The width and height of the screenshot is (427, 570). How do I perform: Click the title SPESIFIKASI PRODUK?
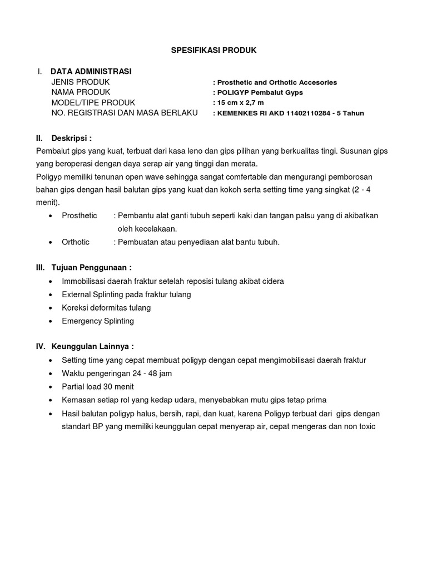coord(213,50)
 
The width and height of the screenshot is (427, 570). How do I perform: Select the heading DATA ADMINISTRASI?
coord(91,71)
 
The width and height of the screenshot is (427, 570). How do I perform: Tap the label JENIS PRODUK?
coord(77,82)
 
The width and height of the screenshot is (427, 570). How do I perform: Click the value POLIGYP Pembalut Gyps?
coord(259,92)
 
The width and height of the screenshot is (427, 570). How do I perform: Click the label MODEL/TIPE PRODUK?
coord(93,102)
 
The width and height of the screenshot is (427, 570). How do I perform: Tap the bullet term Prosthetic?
coord(80,215)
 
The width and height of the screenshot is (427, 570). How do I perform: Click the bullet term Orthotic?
coord(76,242)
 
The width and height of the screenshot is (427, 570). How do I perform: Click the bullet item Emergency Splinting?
coord(98,321)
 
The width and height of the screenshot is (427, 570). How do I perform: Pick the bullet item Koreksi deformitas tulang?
coord(106,308)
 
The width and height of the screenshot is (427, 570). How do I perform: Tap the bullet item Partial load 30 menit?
coord(98,387)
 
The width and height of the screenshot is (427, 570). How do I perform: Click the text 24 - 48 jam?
coord(151,374)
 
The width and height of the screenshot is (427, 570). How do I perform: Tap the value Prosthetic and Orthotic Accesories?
coord(277,82)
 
